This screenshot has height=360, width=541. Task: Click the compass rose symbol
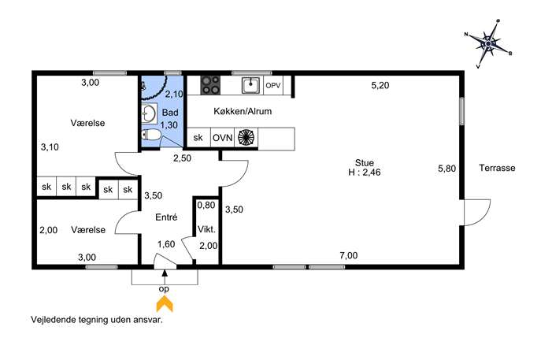[x=488, y=44]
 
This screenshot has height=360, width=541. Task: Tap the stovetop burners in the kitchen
[x=210, y=85]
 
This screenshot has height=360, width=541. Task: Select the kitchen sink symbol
[x=251, y=85]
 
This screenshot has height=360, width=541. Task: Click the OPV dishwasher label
[x=273, y=85]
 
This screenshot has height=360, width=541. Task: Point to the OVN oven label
[x=223, y=138]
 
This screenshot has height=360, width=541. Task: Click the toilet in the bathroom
[x=151, y=135]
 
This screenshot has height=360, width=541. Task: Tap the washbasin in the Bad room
[x=149, y=113]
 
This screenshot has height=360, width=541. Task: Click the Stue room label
[x=365, y=162]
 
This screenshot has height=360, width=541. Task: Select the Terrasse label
[x=497, y=168]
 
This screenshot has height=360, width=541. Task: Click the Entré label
[x=166, y=217]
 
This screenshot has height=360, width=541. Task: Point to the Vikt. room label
[x=206, y=229]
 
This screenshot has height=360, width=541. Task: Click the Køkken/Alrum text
[x=243, y=111]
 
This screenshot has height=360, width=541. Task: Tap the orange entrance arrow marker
[x=165, y=304]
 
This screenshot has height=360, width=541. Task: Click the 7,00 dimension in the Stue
[x=349, y=255]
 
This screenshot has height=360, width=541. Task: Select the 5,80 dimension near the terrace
[x=447, y=169]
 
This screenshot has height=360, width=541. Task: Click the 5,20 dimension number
[x=380, y=85]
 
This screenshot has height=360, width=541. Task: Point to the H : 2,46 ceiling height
[x=365, y=173]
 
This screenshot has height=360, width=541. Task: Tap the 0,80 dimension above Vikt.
[x=206, y=205]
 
